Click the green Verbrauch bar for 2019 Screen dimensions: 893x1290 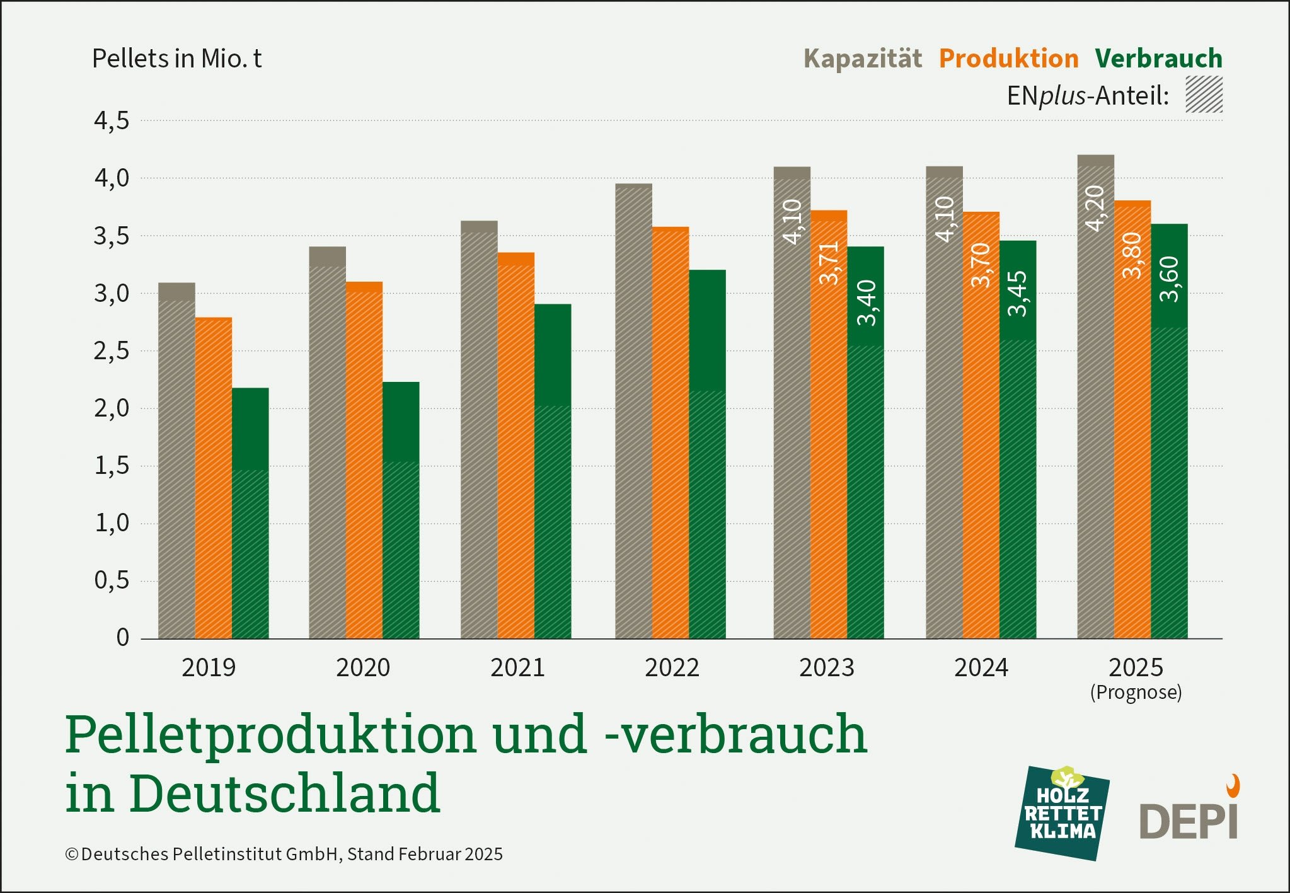coord(250,513)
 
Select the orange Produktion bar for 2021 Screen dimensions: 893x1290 coord(515,446)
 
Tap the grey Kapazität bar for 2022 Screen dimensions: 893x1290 coord(633,411)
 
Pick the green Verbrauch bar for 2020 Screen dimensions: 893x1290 coord(401,510)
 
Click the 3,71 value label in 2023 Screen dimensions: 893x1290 coord(829,263)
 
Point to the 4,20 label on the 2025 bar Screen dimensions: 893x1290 coord(1095,209)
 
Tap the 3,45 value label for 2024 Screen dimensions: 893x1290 coord(1018,294)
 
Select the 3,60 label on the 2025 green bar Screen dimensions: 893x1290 coord(1169,279)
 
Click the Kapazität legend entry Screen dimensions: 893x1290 coord(862,59)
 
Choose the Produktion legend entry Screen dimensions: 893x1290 coord(1008,59)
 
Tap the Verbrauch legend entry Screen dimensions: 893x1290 coord(1158,59)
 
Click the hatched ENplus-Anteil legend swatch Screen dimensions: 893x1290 coord(1204,95)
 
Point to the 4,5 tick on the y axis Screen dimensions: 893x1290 coord(112,120)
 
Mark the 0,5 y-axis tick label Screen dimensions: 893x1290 coord(112,580)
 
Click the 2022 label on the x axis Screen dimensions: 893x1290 coord(672,667)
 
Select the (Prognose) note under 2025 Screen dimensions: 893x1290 coord(1136,693)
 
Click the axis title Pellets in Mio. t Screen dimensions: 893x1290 coord(176,59)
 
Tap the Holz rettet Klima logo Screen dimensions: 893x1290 coord(1063,814)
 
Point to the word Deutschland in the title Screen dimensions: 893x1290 coord(285,793)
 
